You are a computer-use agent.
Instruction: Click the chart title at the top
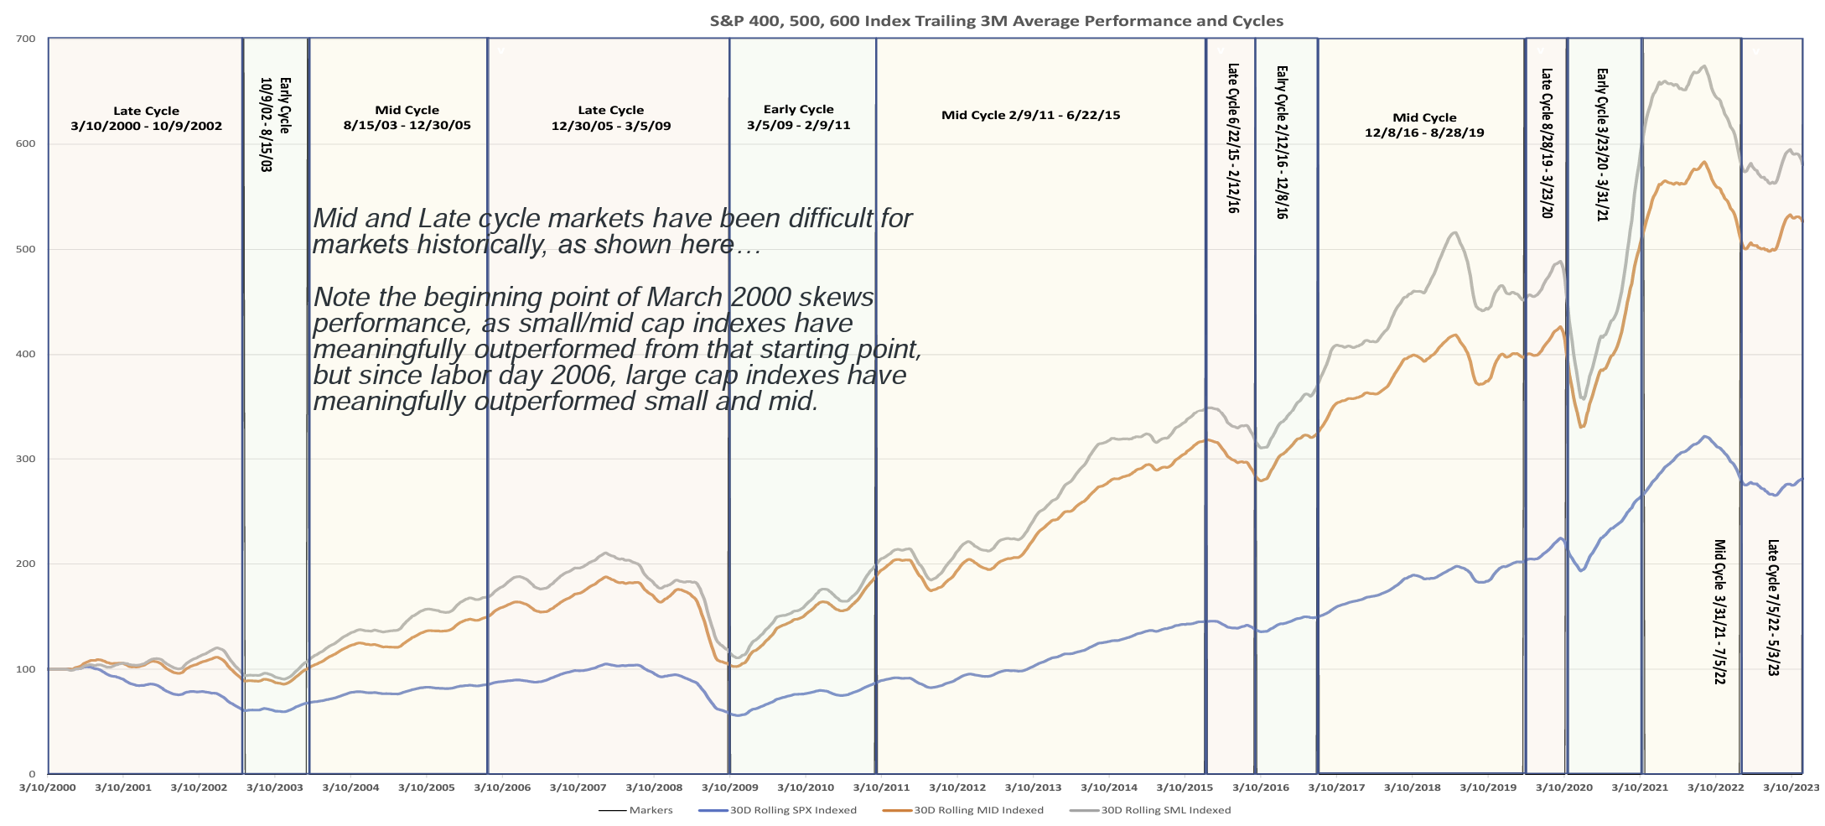[x=996, y=21]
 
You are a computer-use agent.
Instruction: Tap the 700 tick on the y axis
[x=26, y=39]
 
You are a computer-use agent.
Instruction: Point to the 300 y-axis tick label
[x=26, y=459]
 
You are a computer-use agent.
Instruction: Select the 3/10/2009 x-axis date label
[x=729, y=787]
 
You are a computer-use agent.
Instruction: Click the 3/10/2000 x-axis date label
[x=48, y=787]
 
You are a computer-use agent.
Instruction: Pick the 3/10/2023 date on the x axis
[x=1791, y=787]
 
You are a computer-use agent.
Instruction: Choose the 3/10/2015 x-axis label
[x=1185, y=787]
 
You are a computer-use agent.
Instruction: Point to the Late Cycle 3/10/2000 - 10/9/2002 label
[x=146, y=118]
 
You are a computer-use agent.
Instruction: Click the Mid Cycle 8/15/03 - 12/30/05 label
[x=407, y=117]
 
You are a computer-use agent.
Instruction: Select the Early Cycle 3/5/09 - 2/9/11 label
[x=798, y=117]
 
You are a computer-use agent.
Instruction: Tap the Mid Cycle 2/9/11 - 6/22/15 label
[x=1030, y=115]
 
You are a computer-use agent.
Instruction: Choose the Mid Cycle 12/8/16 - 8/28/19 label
[x=1424, y=125]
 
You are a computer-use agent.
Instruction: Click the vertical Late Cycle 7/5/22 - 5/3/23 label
[x=1773, y=607]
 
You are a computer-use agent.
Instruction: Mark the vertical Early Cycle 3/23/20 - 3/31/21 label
[x=1602, y=144]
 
